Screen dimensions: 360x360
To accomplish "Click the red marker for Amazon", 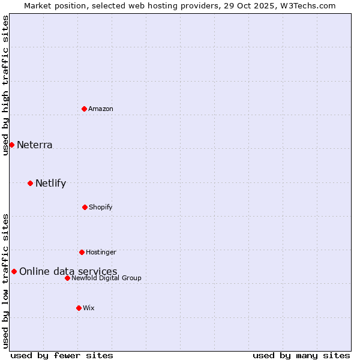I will click(84, 109).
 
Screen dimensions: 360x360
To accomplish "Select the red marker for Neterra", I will click(11, 145).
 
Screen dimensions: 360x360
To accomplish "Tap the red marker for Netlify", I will click(30, 183).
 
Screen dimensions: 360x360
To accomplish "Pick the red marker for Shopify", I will click(85, 207).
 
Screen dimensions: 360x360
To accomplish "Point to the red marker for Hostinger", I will click(82, 252).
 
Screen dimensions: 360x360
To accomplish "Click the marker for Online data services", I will click(14, 271).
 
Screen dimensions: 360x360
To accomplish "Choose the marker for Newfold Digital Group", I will click(67, 278).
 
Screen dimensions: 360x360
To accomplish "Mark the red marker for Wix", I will click(79, 308).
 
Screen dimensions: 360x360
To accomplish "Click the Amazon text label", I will click(101, 109).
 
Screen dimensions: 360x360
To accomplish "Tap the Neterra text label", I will click(35, 145).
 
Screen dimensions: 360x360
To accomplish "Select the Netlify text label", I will click(50, 183).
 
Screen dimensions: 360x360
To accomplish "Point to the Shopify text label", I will click(101, 207).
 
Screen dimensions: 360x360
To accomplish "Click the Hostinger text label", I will click(101, 252).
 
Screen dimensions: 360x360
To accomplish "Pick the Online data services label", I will click(68, 271).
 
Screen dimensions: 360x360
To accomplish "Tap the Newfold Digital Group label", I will click(106, 278).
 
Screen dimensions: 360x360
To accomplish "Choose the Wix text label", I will click(89, 308).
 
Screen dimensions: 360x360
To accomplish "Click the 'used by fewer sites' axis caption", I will click(62, 355).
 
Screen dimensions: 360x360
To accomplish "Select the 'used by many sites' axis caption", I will click(301, 355).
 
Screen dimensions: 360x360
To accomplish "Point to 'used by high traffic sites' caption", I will click(5, 85).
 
